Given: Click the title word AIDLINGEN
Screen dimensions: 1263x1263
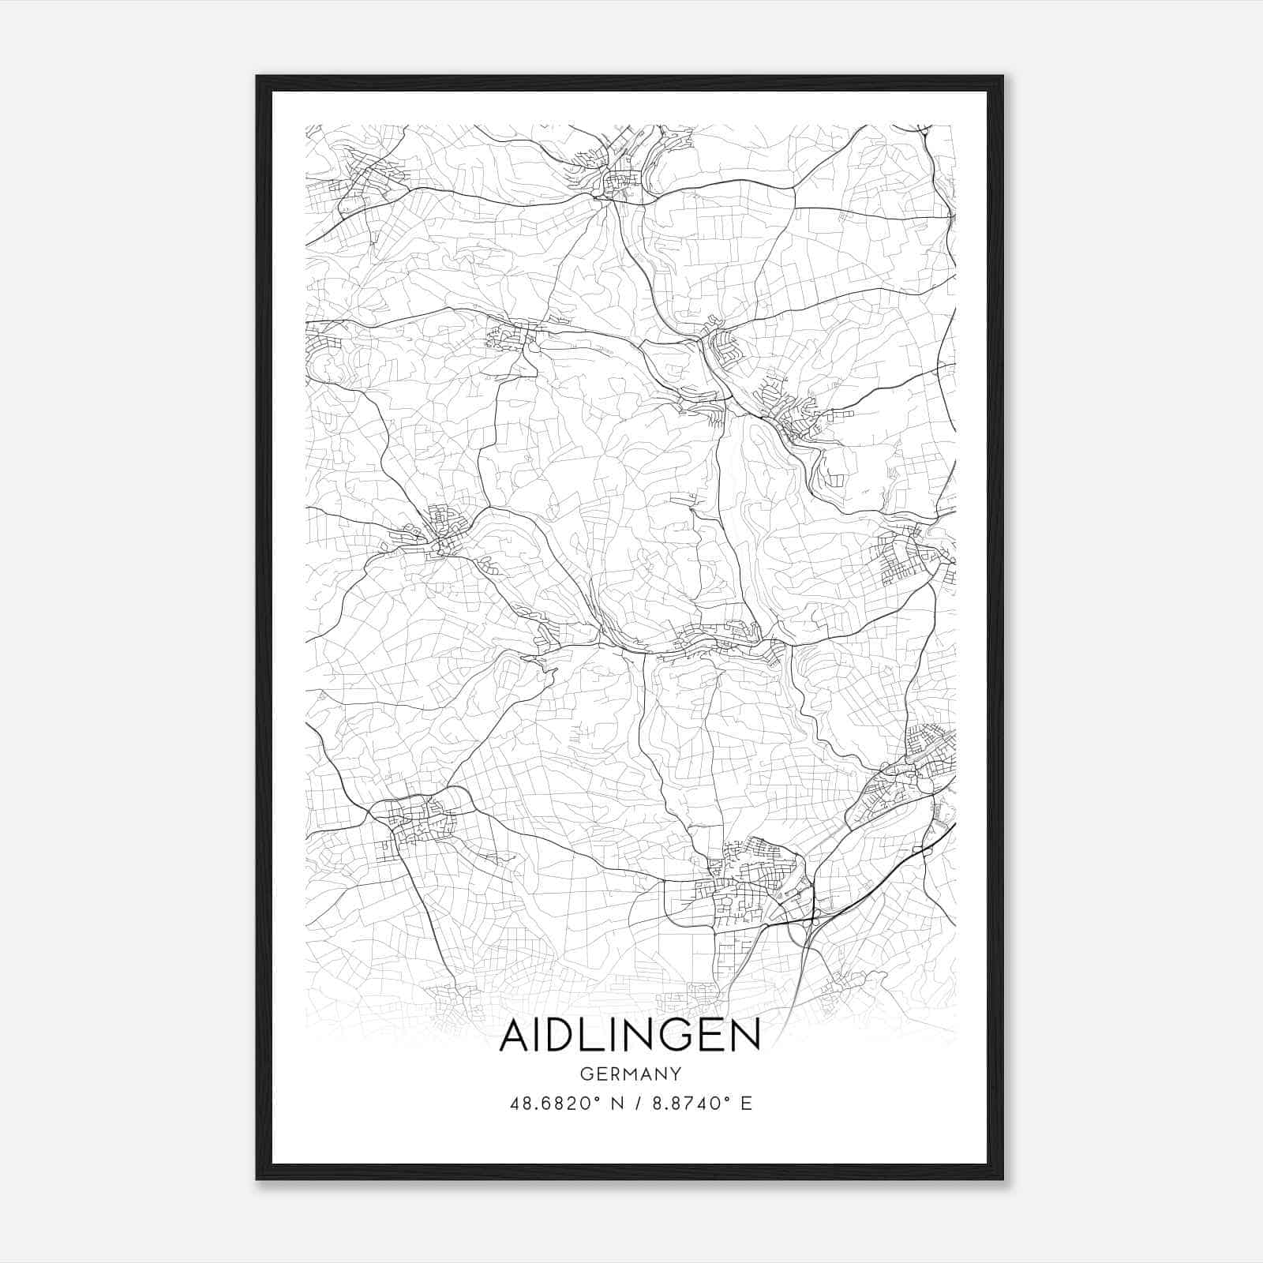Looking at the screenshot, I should click(630, 1035).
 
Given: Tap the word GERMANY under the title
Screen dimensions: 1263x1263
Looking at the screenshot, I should click(630, 1074).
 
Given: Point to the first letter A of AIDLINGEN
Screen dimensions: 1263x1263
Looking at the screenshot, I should click(515, 1035).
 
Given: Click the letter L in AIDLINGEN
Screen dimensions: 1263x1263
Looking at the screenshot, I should click(600, 1035).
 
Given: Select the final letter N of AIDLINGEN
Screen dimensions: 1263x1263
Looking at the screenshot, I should click(744, 1035).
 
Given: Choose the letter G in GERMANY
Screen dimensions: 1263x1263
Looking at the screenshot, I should click(586, 1074).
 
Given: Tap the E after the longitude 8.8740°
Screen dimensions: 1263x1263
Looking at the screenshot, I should click(746, 1103).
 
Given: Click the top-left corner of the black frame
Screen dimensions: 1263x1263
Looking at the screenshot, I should click(257, 77).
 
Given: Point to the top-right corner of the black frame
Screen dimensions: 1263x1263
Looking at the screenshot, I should click(1003, 77).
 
